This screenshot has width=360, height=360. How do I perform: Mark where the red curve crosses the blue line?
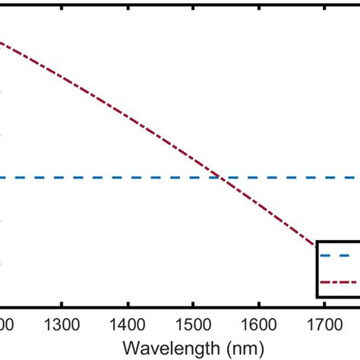(x=221, y=178)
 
